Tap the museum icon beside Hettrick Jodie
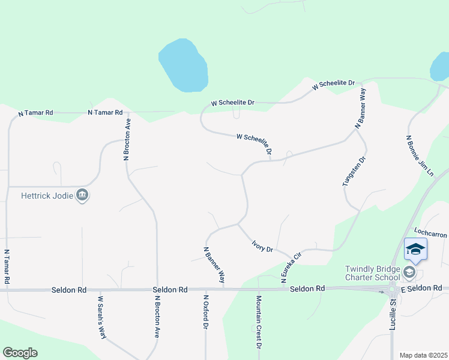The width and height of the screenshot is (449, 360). [82, 195]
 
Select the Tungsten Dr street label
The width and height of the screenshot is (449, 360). [354, 172]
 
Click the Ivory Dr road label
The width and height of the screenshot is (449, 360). [262, 246]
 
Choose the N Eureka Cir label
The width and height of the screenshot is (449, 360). [290, 268]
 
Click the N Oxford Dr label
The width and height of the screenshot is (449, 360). [205, 312]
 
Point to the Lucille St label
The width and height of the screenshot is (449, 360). [394, 310]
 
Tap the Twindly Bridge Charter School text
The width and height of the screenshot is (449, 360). [372, 272]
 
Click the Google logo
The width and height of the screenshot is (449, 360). [20, 353]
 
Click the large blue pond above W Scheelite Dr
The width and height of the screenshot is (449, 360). [184, 66]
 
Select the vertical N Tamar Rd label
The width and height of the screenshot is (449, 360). [7, 267]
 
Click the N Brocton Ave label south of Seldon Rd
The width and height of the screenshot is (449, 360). [157, 316]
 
